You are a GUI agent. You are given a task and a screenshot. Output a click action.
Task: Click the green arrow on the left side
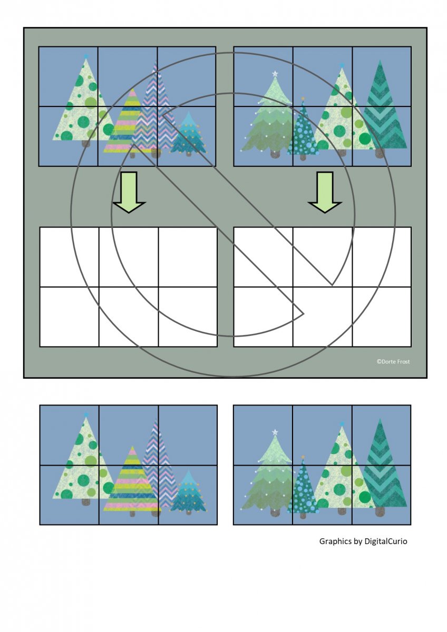[129, 192]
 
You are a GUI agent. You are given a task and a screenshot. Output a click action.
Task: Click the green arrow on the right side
[325, 192]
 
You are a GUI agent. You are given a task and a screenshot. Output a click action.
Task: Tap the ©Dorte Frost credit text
[393, 362]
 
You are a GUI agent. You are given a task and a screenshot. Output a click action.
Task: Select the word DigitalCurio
[386, 541]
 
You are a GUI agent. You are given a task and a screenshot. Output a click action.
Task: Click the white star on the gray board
[275, 74]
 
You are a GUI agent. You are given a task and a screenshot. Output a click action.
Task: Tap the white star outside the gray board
[275, 432]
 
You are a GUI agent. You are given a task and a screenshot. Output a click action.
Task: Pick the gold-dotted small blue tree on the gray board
[189, 134]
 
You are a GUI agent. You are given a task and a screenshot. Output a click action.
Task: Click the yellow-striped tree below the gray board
[132, 480]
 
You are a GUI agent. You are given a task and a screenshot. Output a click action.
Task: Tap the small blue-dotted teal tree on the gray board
[303, 130]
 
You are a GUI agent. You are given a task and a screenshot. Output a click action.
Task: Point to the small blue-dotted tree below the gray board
[303, 488]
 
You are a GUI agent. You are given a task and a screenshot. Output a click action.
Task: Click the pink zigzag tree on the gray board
[155, 110]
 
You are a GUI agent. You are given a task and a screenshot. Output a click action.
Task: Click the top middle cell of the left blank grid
[129, 257]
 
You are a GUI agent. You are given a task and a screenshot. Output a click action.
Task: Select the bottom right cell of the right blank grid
[382, 317]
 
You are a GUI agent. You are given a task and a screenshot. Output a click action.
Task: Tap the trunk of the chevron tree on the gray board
[380, 153]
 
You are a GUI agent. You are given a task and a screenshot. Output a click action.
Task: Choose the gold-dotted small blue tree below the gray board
[189, 492]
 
